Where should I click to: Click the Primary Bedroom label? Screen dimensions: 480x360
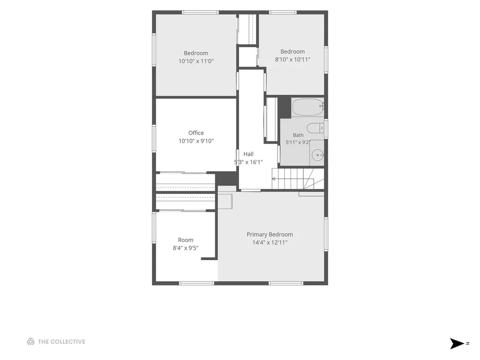click(x=270, y=234)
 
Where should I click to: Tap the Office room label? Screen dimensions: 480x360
click(x=196, y=133)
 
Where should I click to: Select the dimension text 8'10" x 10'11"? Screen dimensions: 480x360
click(x=292, y=60)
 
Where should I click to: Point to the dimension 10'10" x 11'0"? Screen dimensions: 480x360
click(x=196, y=61)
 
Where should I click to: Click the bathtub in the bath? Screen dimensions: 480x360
click(x=307, y=107)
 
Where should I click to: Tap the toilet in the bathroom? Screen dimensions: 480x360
click(x=315, y=128)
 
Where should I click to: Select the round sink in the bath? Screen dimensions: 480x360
click(x=317, y=155)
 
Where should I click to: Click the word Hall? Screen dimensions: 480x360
click(x=248, y=154)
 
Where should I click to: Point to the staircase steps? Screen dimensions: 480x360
click(x=298, y=179)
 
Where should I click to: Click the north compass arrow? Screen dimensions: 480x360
click(x=457, y=344)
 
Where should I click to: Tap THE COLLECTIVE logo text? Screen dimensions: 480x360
click(x=61, y=342)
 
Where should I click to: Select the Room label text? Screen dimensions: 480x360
click(x=186, y=240)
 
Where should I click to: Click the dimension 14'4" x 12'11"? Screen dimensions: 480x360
click(x=270, y=242)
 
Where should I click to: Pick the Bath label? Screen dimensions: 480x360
click(x=298, y=135)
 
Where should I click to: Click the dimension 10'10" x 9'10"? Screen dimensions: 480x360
click(x=196, y=141)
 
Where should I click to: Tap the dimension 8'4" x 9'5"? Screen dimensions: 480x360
click(x=186, y=248)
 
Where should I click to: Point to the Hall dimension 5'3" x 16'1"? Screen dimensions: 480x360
click(x=248, y=162)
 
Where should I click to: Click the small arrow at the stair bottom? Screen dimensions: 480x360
click(x=274, y=179)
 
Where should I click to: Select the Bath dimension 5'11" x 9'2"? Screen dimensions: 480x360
click(x=298, y=142)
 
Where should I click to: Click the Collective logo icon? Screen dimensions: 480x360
click(x=30, y=342)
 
